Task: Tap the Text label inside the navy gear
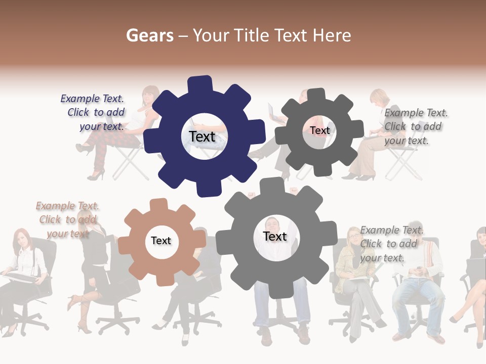(202, 136)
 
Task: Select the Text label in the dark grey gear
(319, 130)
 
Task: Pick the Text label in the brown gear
(160, 241)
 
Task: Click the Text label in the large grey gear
(274, 236)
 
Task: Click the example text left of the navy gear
(94, 113)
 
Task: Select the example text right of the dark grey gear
(415, 126)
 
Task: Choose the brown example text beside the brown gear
(67, 219)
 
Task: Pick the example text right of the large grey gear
(391, 244)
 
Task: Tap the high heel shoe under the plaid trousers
(95, 175)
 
